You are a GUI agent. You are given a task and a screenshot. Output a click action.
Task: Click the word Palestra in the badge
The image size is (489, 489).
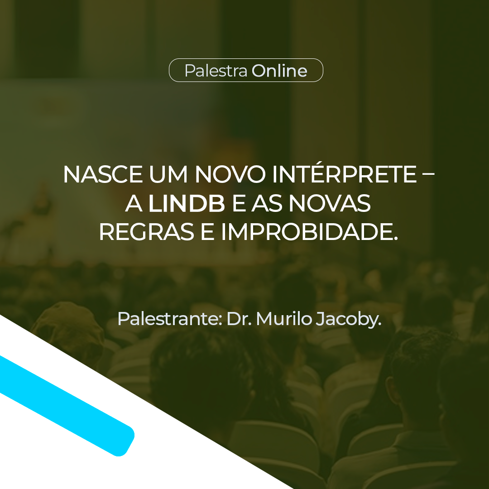point(216,71)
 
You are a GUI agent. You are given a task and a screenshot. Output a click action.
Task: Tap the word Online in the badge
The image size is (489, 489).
point(279,71)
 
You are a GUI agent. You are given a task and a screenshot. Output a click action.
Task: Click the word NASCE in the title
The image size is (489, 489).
point(103,174)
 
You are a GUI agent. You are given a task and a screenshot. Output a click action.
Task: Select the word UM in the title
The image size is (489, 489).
point(168,174)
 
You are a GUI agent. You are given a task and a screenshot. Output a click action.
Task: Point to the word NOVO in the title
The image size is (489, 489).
point(230,174)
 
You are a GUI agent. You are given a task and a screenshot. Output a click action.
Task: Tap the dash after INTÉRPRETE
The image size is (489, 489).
point(428,174)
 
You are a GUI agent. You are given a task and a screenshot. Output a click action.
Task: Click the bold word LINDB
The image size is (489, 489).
point(187,203)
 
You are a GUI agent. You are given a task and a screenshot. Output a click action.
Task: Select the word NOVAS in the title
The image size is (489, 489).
point(330,203)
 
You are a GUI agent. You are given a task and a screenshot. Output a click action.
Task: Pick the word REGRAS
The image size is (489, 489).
point(146,232)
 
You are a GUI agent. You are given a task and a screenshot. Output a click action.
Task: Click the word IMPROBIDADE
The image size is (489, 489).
point(310,232)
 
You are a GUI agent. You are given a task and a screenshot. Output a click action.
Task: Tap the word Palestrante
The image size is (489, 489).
point(170,319)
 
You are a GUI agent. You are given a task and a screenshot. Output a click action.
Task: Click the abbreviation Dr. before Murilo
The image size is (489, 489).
point(239,319)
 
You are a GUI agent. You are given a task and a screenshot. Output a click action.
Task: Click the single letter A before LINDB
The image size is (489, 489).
point(134,203)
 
